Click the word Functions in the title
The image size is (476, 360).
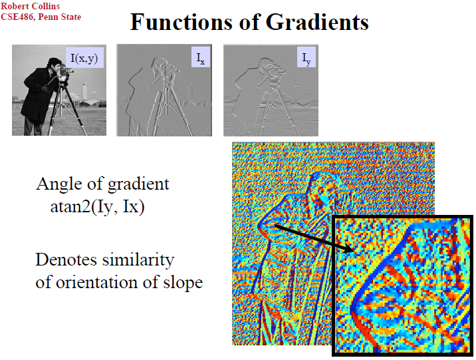pos(182,22)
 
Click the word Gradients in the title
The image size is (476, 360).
pos(317,22)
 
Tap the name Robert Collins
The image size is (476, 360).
pos(30,6)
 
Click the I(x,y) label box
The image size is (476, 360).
pos(84,57)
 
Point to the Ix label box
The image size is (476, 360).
pos(201,57)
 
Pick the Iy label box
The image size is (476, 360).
pos(306,57)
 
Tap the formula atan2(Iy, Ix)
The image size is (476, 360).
pos(97,208)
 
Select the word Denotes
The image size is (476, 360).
pos(66,260)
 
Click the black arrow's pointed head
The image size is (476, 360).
pos(349,249)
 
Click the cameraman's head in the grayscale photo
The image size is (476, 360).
pos(55,64)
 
